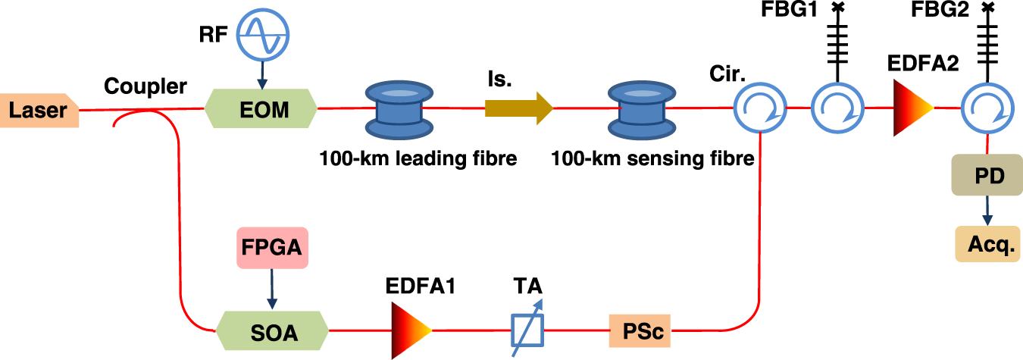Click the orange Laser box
coord(39,111)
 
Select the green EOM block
coord(261,109)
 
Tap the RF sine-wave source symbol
coord(261,37)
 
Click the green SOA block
coord(272,331)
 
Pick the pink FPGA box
coord(271,248)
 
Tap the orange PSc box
coord(640,331)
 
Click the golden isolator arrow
coord(519,108)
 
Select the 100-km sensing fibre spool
coord(637,108)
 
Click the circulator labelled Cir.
coord(759,108)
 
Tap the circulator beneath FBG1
coord(837,108)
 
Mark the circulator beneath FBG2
coord(987,108)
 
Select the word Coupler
coord(146,87)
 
